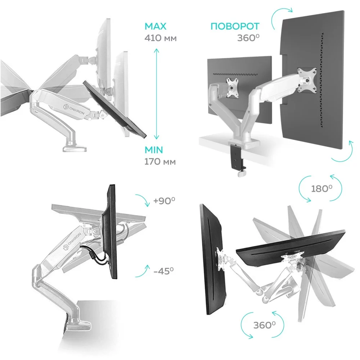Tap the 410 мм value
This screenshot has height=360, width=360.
[x=161, y=38]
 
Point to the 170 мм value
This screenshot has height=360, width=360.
[x=160, y=162]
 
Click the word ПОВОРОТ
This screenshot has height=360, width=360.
[x=235, y=27]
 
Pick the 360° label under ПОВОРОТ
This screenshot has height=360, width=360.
[x=248, y=38]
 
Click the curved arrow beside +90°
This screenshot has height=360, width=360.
[x=142, y=200]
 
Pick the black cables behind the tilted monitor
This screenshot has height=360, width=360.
[x=94, y=254]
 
